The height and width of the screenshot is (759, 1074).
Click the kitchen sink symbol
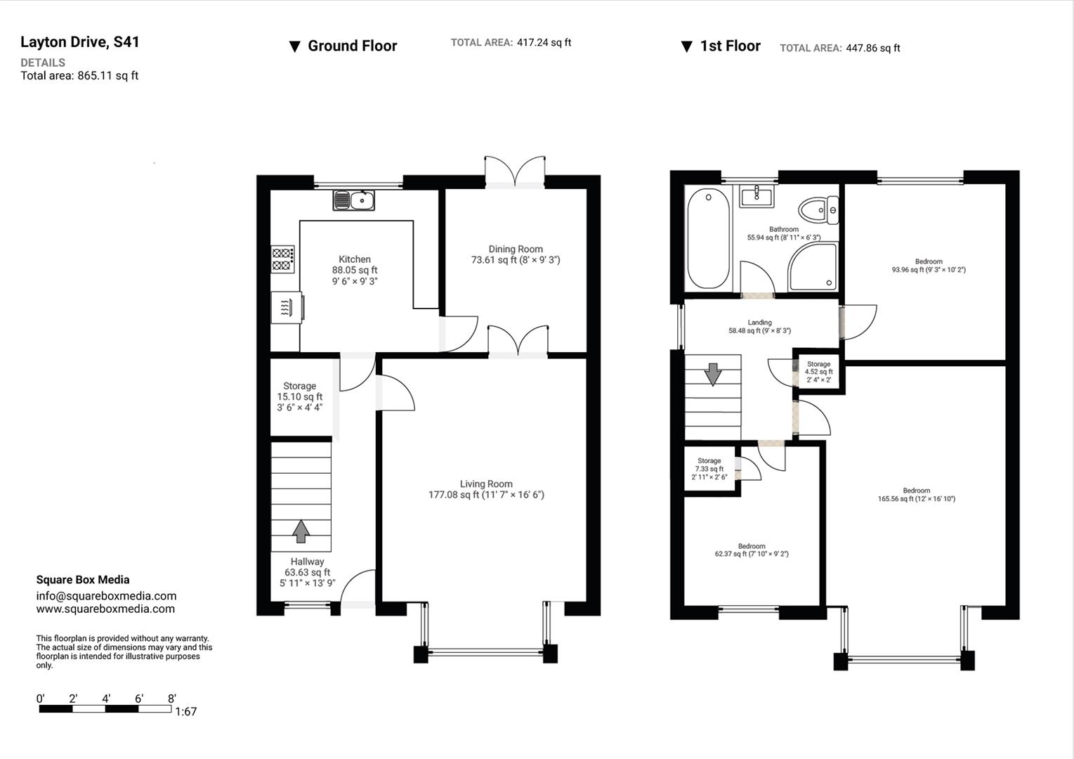354,200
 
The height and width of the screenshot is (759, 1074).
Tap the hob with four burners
282,259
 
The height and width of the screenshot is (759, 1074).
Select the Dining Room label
516,249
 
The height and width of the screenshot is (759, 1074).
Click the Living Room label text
486,484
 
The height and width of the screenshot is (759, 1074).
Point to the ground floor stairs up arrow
301,531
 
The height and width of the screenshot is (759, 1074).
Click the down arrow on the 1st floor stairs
713,375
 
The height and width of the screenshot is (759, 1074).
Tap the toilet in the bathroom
818,210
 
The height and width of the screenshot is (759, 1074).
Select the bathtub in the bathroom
708,238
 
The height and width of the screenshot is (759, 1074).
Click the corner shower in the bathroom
813,267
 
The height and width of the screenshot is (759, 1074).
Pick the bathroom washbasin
757,196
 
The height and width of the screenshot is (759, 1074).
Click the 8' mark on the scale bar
171,699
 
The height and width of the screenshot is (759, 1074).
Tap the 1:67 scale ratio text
186,711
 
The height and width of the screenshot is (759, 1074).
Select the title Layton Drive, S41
79,42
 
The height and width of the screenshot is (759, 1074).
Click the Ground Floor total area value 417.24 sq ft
544,42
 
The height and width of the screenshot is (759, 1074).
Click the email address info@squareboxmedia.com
107,596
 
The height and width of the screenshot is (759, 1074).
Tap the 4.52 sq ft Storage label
818,372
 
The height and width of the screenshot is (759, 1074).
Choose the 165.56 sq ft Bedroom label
916,495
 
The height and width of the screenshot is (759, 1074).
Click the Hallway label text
308,562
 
